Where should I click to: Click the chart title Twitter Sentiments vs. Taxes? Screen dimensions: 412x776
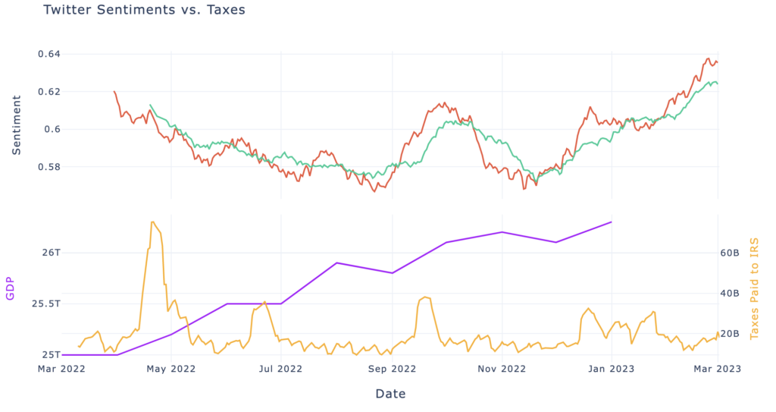click(144, 11)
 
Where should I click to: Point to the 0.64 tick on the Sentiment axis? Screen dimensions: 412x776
click(49, 54)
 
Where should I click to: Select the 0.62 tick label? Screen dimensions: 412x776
click(49, 92)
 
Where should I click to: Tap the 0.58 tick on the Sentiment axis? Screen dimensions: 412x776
click(49, 167)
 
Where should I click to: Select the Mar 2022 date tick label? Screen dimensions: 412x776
click(62, 369)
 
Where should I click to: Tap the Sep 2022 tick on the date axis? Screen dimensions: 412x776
click(391, 369)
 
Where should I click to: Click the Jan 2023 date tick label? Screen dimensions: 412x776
click(610, 369)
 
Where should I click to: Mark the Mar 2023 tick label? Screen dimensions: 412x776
click(718, 369)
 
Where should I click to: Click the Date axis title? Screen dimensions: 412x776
click(390, 394)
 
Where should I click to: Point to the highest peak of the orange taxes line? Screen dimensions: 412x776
click(153, 222)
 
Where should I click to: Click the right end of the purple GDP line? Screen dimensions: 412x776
click(611, 222)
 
